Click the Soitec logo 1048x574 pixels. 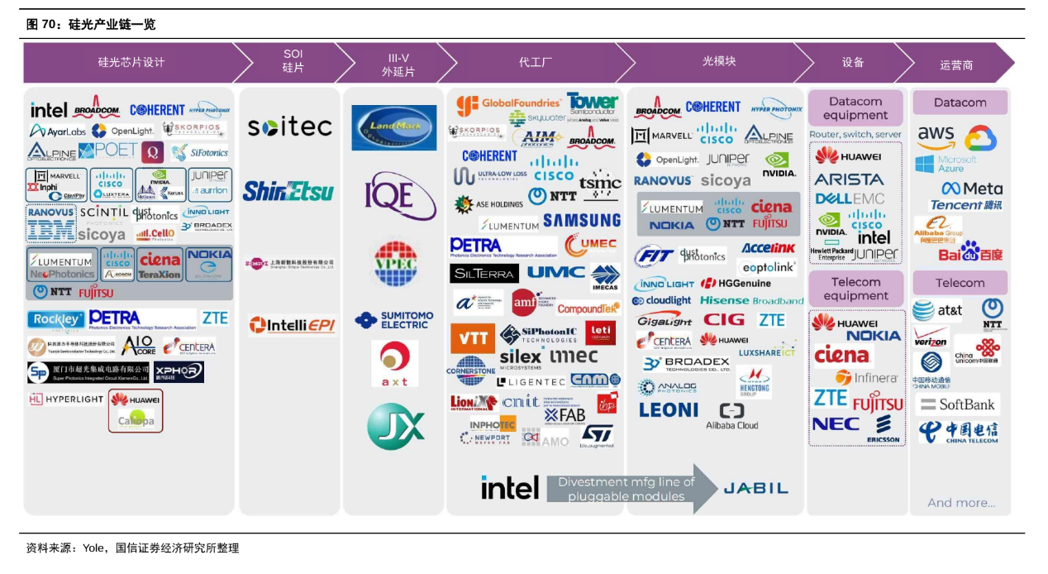[289, 127]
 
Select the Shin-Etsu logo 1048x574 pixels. [288, 192]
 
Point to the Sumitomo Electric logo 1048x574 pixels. [394, 319]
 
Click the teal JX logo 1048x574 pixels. [395, 426]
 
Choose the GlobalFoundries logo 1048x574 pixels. [509, 104]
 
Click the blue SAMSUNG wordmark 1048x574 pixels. [582, 221]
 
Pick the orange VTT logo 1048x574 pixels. [472, 337]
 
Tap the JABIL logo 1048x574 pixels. [755, 488]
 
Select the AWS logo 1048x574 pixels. [936, 135]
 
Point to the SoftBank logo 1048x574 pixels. [958, 404]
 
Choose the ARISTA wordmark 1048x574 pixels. [849, 179]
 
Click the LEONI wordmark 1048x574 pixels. [669, 409]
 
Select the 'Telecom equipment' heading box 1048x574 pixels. [855, 289]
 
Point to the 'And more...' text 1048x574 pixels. [960, 502]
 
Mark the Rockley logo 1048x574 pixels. [55, 319]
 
